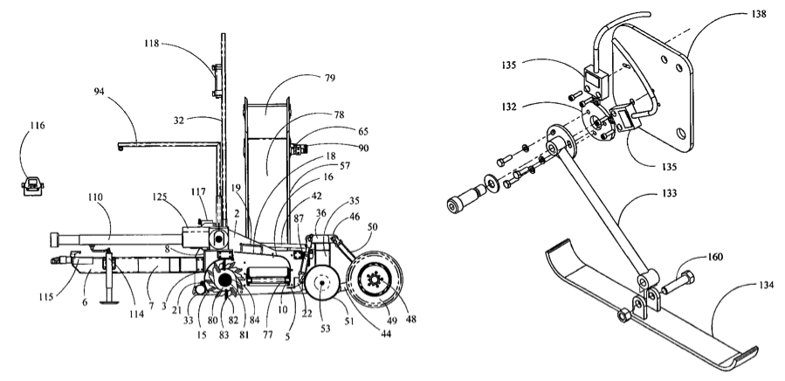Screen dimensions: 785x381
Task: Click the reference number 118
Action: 151,44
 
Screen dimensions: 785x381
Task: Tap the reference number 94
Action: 100,91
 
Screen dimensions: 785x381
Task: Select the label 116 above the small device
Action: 37,125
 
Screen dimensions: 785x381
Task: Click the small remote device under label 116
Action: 33,185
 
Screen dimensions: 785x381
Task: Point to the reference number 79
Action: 329,78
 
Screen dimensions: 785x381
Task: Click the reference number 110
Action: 95,197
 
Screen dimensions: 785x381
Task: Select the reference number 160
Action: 715,257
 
